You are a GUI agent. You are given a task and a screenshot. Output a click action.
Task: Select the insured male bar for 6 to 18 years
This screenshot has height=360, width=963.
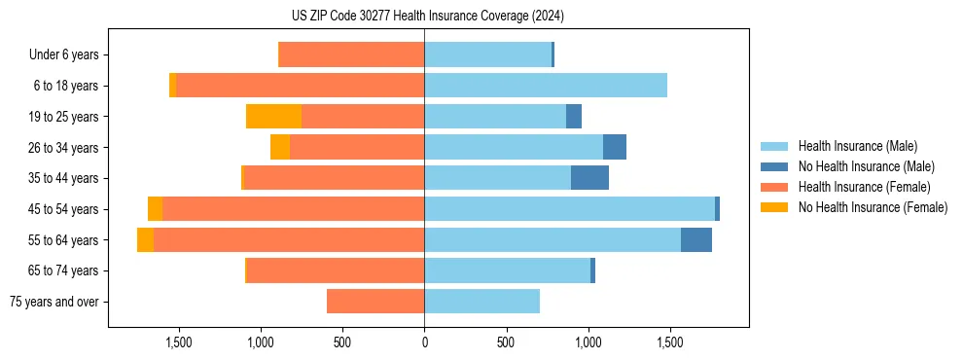click(x=545, y=86)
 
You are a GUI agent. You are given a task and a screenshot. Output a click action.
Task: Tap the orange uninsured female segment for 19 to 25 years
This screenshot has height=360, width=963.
click(x=273, y=117)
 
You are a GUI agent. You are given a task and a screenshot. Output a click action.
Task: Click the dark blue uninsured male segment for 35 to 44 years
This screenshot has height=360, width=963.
click(x=589, y=178)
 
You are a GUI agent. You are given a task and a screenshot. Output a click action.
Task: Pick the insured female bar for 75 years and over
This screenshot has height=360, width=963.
click(x=375, y=302)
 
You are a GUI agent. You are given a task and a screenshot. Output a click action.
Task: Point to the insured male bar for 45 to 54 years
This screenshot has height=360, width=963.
click(x=569, y=209)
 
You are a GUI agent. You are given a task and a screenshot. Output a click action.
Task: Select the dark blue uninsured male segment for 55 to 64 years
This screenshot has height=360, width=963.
click(x=696, y=240)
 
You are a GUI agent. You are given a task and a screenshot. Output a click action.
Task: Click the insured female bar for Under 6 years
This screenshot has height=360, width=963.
click(x=351, y=55)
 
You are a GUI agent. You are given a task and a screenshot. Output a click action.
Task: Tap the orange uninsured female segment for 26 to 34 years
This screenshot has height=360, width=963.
click(x=280, y=148)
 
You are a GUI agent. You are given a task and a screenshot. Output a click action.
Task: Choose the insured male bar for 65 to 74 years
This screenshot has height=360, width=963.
click(x=507, y=270)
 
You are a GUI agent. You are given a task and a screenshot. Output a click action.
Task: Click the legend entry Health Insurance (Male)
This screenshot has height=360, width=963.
click(x=857, y=146)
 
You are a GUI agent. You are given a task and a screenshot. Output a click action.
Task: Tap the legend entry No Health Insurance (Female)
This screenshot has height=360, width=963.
click(x=873, y=207)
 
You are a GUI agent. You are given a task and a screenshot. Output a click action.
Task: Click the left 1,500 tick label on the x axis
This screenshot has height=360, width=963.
click(x=179, y=342)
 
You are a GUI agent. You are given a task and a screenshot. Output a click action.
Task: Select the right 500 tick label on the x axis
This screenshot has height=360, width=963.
click(x=506, y=342)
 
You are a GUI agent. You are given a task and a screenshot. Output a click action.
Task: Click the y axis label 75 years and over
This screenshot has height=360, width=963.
click(x=53, y=302)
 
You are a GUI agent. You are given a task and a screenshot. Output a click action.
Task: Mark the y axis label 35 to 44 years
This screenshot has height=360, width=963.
click(x=62, y=178)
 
